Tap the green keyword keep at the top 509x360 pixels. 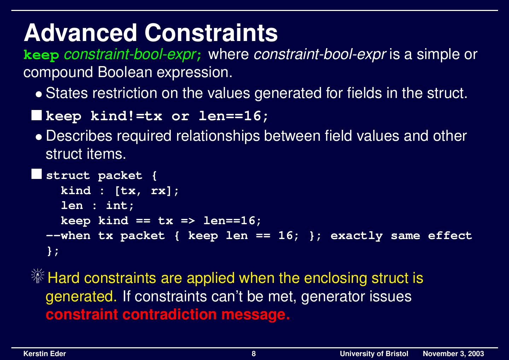pos(41,55)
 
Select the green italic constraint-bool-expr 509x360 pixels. pos(130,54)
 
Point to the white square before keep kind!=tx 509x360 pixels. pos(36,115)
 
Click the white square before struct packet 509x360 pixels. pos(36,174)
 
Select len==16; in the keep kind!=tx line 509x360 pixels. pos(233,116)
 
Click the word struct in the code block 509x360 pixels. pos(68,175)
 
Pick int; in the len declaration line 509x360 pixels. pos(120,206)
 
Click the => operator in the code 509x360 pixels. pos(188,221)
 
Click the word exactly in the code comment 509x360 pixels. pos(356,236)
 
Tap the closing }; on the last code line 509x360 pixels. pos(53,251)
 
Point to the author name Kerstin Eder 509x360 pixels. pos(45,354)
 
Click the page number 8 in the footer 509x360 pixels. pos(254,354)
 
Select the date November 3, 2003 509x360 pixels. pos(453,354)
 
